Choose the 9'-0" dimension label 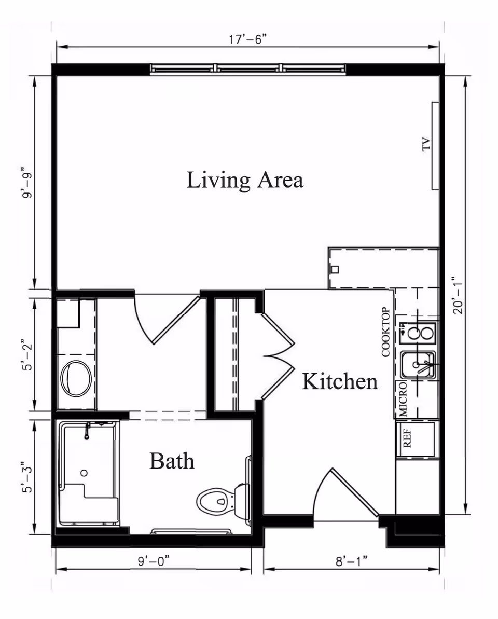(x=153, y=561)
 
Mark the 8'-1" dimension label (x=351, y=561)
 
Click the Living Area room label (x=244, y=181)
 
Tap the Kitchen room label (x=340, y=382)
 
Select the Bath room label (x=172, y=461)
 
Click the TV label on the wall (x=426, y=144)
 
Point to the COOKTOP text (x=386, y=332)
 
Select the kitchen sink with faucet (x=418, y=365)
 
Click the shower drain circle (x=84, y=473)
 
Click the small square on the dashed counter (x=335, y=269)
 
